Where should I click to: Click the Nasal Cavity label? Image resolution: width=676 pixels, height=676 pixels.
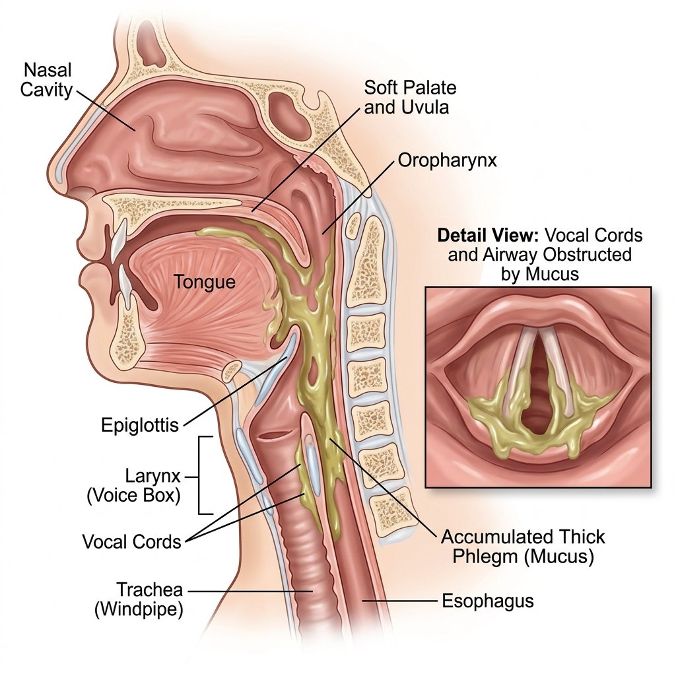pyautogui.click(x=46, y=80)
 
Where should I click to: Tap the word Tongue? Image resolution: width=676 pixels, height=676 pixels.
pyautogui.click(x=205, y=282)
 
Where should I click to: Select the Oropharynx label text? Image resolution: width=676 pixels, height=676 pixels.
pyautogui.click(x=447, y=160)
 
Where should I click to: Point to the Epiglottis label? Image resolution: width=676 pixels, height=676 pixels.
pyautogui.click(x=140, y=426)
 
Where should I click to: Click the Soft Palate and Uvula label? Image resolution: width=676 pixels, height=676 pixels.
pyautogui.click(x=410, y=98)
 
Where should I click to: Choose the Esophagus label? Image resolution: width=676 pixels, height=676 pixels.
pyautogui.click(x=488, y=601)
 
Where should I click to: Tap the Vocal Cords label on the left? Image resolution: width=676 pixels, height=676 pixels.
pyautogui.click(x=131, y=541)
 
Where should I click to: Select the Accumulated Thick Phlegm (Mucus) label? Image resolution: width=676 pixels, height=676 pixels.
pyautogui.click(x=523, y=547)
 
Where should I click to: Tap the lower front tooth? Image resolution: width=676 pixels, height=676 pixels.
pyautogui.click(x=125, y=287)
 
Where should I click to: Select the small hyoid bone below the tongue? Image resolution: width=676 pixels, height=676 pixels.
pyautogui.click(x=232, y=371)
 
